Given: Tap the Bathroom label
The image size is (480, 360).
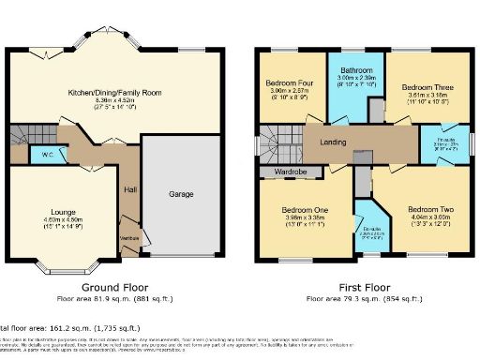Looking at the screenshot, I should (356, 70).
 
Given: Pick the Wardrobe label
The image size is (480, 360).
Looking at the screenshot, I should (291, 172).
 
